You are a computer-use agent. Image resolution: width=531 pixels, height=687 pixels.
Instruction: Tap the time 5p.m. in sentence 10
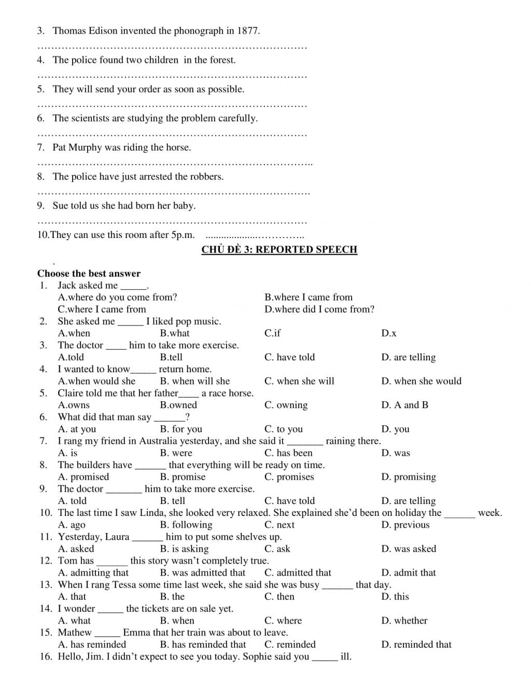point(183,235)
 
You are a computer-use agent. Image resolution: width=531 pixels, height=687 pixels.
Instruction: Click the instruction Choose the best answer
point(89,273)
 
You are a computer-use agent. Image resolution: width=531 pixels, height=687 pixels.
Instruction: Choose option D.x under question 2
point(388,333)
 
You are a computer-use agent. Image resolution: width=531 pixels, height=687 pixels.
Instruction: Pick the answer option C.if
point(272,333)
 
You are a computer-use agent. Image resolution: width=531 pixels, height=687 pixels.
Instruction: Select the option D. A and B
point(404,405)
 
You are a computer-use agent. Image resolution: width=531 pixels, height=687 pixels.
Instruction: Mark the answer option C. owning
point(286,405)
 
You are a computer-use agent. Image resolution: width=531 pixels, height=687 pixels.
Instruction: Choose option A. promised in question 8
point(83,477)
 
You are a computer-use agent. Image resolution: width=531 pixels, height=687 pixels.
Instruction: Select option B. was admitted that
point(203,572)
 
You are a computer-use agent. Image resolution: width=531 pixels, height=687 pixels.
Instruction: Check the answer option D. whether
point(404,621)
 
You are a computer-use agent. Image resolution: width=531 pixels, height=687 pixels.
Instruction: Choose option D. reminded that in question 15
point(416,644)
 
